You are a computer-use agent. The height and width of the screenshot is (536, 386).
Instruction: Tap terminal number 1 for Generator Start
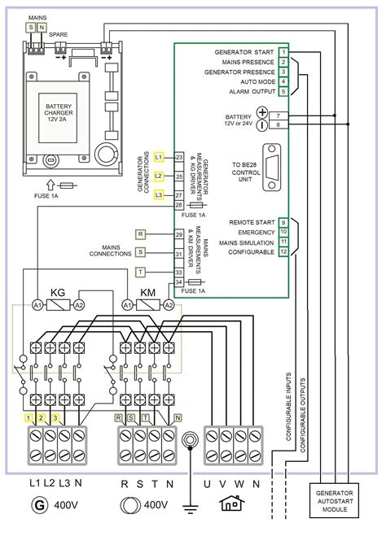[x=283, y=51]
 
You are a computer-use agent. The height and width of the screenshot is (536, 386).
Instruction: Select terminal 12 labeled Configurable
[x=283, y=252]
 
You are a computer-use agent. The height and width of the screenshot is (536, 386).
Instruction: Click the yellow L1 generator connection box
[x=159, y=156]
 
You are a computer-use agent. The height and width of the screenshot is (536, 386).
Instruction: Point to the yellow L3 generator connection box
[x=159, y=195]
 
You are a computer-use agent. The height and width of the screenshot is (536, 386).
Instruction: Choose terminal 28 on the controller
[x=178, y=205]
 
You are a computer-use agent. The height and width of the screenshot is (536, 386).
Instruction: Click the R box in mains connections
[x=140, y=234]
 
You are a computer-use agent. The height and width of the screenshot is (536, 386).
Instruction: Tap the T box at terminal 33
[x=140, y=271]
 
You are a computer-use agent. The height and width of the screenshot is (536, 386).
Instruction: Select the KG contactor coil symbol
[x=58, y=304]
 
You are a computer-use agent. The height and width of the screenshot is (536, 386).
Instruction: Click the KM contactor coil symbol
[x=148, y=304]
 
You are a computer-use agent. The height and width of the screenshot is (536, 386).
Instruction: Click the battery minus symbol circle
[x=262, y=125]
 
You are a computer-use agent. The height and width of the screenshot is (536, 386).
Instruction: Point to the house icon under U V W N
[x=231, y=503]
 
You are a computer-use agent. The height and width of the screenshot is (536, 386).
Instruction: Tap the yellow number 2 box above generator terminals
[x=42, y=417]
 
